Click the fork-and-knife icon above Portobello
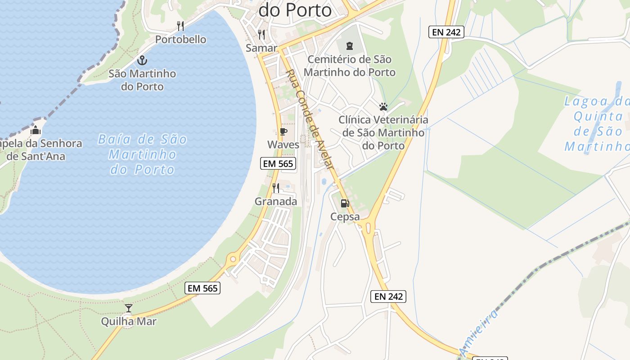180,26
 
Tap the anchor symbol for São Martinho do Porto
142,60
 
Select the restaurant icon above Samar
261,34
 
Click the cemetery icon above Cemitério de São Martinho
349,45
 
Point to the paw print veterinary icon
383,107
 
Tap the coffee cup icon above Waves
283,131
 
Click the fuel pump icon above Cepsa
345,203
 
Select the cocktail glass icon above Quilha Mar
129,308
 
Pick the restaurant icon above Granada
276,188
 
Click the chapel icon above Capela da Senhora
36,131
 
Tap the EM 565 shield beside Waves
279,163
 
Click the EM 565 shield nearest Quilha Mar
202,288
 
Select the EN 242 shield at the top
446,32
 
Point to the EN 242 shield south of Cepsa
388,296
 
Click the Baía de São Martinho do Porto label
142,154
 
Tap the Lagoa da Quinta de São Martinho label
597,124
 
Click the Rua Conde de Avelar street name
311,119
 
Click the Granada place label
276,201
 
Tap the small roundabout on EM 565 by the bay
233,259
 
